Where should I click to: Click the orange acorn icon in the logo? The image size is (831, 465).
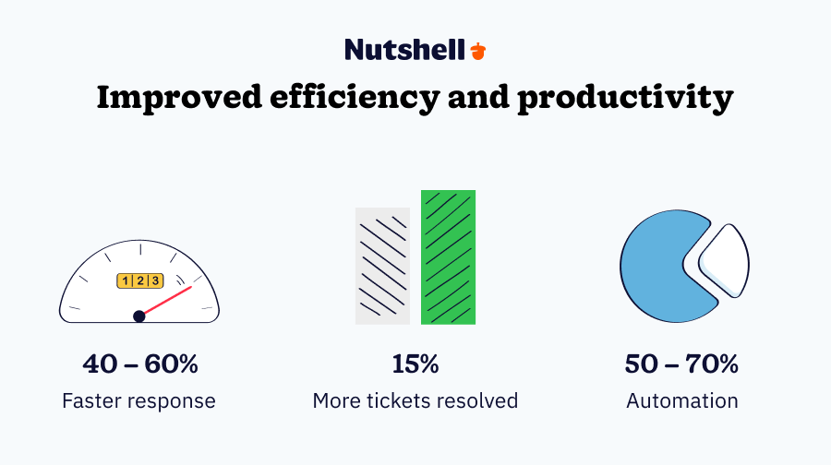(477, 50)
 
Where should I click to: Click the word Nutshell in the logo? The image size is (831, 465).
(404, 50)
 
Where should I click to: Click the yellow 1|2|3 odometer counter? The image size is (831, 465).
(139, 280)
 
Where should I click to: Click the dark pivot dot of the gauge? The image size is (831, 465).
(139, 316)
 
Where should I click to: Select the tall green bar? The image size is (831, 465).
(448, 257)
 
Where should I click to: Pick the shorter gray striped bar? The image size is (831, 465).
(382, 266)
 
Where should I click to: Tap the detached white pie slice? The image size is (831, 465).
(726, 260)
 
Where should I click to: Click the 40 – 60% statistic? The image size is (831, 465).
(139, 364)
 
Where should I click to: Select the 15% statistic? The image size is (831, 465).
(415, 364)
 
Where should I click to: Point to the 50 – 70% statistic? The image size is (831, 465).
(682, 364)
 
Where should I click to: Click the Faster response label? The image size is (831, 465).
(139, 401)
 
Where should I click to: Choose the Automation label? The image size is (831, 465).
(682, 401)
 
